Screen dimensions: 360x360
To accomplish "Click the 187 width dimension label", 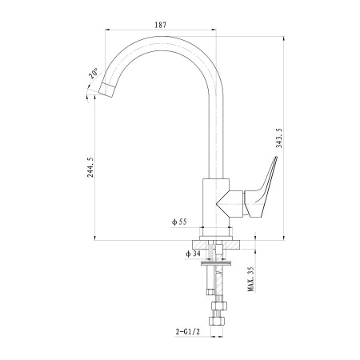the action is point(160,25).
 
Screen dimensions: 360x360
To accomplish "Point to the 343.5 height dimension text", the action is point(279,138).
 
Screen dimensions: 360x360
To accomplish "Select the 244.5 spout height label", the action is point(90,167).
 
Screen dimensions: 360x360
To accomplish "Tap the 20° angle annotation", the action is point(93,74).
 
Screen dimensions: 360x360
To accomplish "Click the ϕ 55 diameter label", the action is point(179,222).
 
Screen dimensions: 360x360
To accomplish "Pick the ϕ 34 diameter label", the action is point(193,254).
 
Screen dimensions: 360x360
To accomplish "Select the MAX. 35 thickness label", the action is point(251,279).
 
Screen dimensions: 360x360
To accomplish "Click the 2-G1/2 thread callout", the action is point(188,332).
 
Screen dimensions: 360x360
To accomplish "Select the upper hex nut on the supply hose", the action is point(219,306).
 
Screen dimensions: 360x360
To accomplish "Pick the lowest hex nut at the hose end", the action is point(217,321).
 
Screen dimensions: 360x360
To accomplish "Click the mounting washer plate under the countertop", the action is point(216,263).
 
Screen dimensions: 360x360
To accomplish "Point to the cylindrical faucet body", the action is point(216,202).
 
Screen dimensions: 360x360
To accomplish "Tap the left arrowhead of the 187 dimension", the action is point(107,30).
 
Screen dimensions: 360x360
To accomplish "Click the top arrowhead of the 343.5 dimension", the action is point(284,38).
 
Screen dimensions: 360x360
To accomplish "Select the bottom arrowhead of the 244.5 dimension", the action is point(94,238).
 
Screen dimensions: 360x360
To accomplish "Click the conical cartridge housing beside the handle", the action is point(230,204).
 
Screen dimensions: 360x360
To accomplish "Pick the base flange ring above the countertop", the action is point(216,238).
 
